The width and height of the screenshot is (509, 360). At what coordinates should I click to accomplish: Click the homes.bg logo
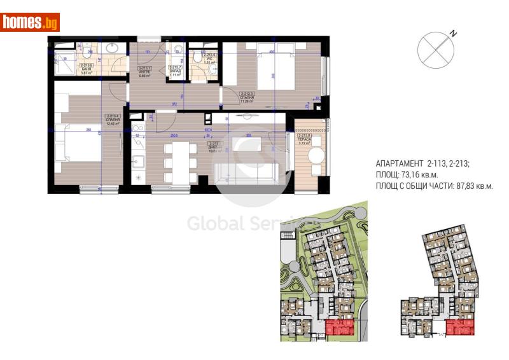coord(31,23)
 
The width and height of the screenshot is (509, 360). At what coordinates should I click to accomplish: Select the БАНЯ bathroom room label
coord(87,68)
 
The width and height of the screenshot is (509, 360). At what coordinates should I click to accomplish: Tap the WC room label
coord(208,59)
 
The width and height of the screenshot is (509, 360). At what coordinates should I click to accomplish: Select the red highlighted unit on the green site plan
coord(340,328)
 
